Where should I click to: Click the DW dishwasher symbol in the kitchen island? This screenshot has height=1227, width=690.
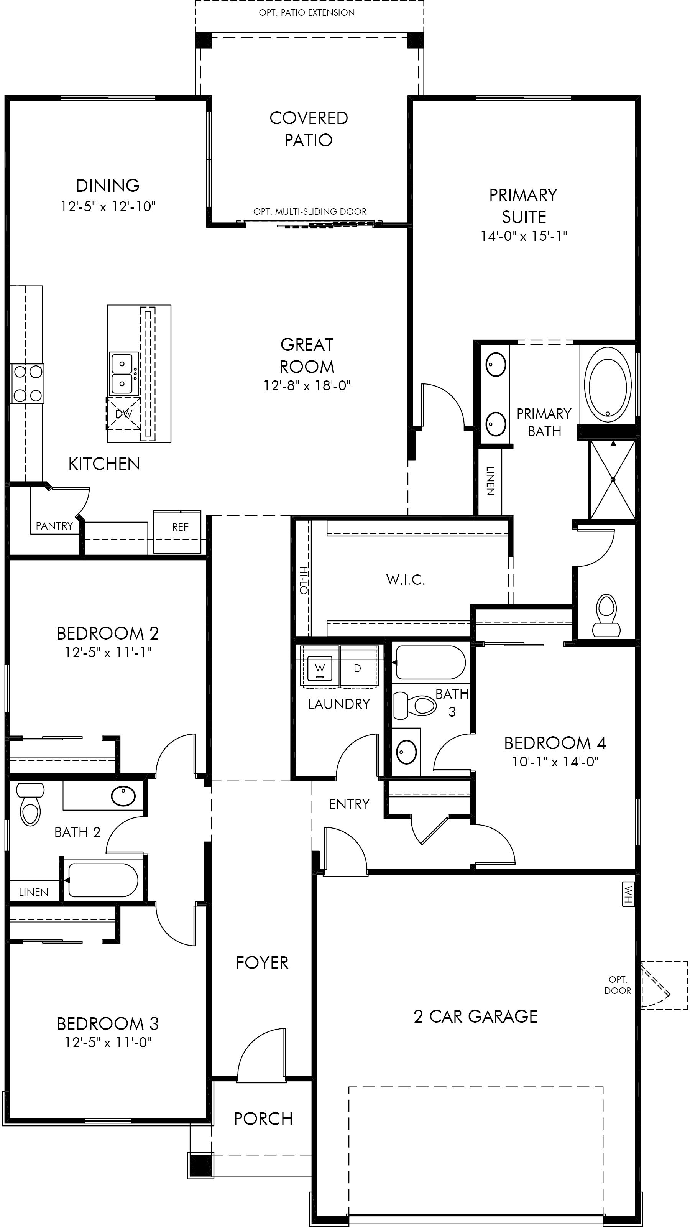pos(123,413)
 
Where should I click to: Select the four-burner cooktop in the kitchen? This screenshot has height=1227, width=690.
pos(27,383)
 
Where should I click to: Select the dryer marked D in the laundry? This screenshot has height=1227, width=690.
pos(357,669)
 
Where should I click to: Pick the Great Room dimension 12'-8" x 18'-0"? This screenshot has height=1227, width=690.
pos(307,385)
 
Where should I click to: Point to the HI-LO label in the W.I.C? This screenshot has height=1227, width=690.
pos(303,580)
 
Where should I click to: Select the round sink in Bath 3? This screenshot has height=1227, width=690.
pos(406,752)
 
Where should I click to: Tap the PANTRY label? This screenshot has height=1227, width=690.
pos(54,526)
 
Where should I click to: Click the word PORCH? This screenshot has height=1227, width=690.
pos(263,1119)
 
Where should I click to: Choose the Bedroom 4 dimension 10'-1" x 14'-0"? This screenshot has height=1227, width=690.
pos(555,762)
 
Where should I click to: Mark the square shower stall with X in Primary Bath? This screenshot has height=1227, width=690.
pos(613,480)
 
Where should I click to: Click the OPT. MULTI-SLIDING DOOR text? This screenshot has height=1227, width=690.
pos(310,212)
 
